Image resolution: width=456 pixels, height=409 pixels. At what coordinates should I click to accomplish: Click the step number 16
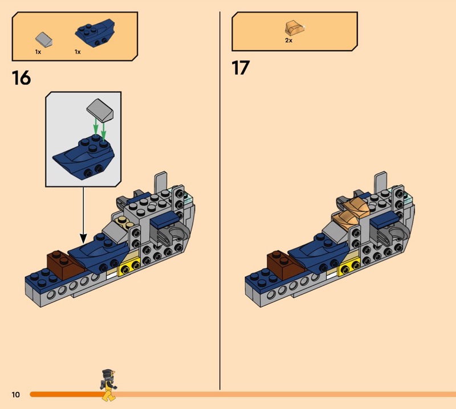(21, 78)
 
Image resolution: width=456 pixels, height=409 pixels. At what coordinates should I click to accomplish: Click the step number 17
(241, 68)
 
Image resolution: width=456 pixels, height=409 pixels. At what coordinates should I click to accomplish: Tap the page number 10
(16, 394)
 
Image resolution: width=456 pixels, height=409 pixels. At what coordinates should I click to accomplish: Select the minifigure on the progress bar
(108, 385)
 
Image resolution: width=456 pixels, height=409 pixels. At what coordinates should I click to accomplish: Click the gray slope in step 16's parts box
(44, 39)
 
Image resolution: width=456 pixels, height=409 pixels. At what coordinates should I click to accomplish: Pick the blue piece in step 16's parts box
(95, 33)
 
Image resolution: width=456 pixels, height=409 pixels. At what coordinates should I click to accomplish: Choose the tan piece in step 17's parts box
(295, 28)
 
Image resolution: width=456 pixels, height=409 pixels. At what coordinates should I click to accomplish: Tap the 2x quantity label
(288, 40)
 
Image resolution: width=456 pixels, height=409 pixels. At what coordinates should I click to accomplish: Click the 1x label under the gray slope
(38, 52)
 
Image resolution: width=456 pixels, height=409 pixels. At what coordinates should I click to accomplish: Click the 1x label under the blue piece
(78, 52)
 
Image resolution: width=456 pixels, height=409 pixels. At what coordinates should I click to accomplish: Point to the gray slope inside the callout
(100, 110)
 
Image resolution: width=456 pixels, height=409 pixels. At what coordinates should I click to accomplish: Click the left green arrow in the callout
(95, 126)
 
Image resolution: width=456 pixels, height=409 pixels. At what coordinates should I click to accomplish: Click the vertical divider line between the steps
(220, 201)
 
